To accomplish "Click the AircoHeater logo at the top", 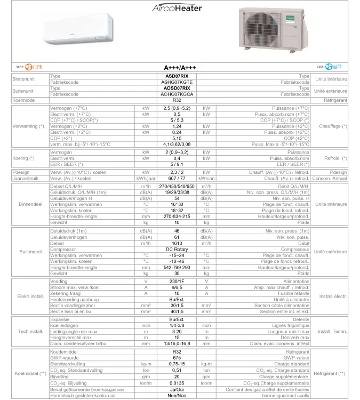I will click(177, 8).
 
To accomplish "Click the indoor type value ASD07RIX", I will click(178, 77).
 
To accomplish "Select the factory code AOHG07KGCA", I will click(178, 94).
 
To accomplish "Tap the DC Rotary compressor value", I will click(178, 250).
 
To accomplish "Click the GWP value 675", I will click(178, 358).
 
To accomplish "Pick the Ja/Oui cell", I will click(178, 389).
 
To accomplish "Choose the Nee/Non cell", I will click(178, 396).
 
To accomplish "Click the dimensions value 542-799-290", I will click(178, 268).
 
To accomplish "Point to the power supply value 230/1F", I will click(178, 281).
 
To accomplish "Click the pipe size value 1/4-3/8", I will click(178, 325).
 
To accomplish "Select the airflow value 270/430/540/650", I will click(178, 186).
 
